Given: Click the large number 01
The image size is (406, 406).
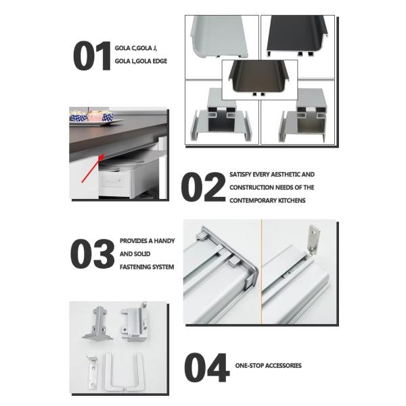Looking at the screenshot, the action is click(92, 55).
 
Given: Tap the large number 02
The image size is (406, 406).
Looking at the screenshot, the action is click(203, 187).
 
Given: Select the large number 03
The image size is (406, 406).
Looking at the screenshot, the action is click(92, 254).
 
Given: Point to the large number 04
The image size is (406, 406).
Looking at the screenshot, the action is click(207, 367).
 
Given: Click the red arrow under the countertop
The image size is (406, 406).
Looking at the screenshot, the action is click(93, 168).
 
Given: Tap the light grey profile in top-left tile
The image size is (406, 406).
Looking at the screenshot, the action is click(219, 37).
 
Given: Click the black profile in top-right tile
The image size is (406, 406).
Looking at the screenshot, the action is click(297, 36).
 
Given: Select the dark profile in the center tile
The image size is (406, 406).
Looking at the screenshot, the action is click(259, 78).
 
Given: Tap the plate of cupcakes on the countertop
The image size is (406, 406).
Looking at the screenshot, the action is click(93, 118).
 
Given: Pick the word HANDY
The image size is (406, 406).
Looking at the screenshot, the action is click(164, 241).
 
